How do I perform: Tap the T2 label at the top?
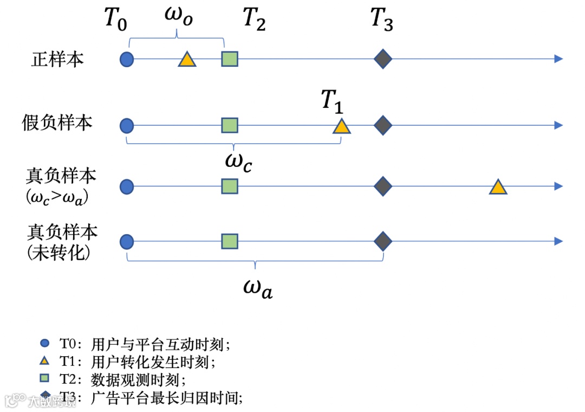254,20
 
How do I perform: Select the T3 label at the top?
381,20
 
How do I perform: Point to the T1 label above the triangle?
332,101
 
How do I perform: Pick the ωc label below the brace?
238,162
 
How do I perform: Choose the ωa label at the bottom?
257,287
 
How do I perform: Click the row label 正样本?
57,59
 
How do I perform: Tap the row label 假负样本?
57,123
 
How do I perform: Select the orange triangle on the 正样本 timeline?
187,60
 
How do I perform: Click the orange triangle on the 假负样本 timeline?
342,127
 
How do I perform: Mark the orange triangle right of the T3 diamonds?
498,188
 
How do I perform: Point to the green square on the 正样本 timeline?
230,59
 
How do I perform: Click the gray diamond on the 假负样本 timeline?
383,125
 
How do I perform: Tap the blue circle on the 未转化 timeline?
127,241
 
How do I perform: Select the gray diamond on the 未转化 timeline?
383,241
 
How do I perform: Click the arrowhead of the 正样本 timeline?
558,59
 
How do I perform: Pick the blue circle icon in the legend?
45,343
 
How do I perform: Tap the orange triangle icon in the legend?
45,360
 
